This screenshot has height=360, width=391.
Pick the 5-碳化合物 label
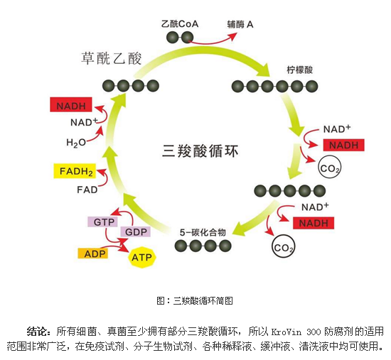(x=202, y=231)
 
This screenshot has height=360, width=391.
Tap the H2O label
(x=76, y=142)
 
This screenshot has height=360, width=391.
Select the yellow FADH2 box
(x=73, y=171)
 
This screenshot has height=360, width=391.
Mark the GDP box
(x=135, y=232)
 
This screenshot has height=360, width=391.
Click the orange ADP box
(x=92, y=253)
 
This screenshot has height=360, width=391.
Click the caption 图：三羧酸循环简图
(x=194, y=300)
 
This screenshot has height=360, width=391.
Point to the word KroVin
(x=286, y=331)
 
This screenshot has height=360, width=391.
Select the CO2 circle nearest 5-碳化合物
(x=283, y=248)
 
